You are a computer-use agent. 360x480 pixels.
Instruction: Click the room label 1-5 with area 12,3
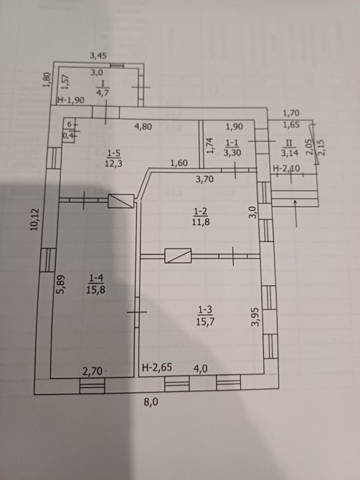[114, 158]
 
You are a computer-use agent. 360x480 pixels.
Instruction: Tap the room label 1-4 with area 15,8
[95, 284]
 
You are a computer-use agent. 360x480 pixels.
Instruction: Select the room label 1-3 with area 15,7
[205, 316]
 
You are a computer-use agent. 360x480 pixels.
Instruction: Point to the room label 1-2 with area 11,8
[201, 216]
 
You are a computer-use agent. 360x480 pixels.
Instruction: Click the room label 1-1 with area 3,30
[232, 148]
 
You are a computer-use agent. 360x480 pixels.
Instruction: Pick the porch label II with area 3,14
[289, 148]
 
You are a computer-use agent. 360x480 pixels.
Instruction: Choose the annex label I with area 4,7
[103, 88]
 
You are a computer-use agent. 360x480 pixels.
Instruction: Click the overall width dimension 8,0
[151, 402]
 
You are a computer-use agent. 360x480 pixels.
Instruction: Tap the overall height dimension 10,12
[34, 219]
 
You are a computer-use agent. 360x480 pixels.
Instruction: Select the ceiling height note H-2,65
[157, 367]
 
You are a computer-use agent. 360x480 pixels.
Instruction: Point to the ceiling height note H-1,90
[71, 100]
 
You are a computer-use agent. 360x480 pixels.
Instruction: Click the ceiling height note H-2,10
[286, 168]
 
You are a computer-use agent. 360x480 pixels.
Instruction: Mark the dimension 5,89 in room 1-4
[61, 284]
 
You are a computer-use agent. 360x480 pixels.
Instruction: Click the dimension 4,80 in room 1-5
[143, 126]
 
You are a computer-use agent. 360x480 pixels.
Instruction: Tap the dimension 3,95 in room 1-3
[255, 317]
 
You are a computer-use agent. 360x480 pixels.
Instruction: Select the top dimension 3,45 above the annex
[98, 55]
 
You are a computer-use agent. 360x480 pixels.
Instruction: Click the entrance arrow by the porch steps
[295, 213]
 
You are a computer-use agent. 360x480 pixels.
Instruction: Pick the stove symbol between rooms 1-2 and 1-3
[178, 256]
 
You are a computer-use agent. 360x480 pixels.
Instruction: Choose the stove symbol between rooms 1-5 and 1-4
[121, 201]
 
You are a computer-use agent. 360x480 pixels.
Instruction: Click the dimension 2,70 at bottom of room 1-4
[93, 371]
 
